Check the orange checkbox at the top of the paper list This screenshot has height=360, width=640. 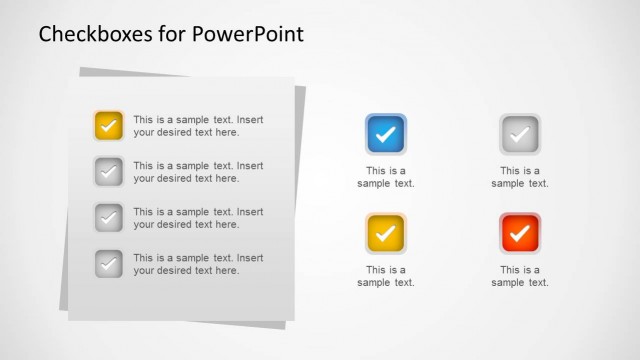click(x=109, y=126)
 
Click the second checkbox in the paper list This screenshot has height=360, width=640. click(x=109, y=172)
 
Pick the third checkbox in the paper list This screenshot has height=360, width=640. click(x=109, y=218)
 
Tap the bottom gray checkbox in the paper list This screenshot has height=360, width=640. click(x=109, y=264)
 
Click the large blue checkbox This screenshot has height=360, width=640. click(x=386, y=134)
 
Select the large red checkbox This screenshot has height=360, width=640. click(x=520, y=234)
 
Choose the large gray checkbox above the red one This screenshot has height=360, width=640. click(x=520, y=134)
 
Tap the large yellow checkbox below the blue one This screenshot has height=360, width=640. click(x=386, y=234)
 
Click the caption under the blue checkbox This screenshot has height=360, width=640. click(x=386, y=177)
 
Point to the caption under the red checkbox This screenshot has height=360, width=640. click(x=520, y=276)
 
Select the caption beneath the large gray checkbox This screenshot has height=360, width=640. click(x=520, y=177)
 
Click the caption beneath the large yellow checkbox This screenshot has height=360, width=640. click(x=386, y=276)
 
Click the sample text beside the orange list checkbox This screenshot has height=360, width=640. click(x=198, y=126)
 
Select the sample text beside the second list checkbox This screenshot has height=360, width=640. click(x=198, y=172)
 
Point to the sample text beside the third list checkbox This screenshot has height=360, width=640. click(x=198, y=218)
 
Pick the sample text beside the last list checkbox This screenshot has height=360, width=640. click(x=198, y=264)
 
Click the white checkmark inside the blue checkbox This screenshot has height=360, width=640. click(x=386, y=134)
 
